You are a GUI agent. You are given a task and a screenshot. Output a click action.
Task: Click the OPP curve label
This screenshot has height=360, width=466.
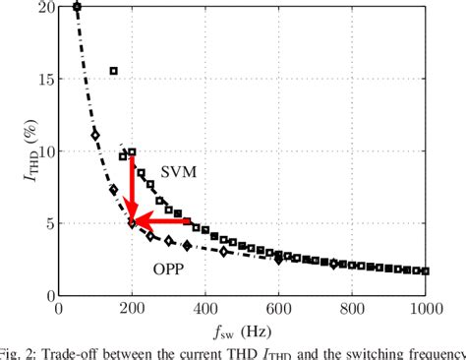coord(168,268)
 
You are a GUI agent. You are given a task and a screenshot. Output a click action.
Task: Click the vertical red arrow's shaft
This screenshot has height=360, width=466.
coord(132,182)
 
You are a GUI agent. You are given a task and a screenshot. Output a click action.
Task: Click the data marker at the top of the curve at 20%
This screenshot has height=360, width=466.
coord(78,8)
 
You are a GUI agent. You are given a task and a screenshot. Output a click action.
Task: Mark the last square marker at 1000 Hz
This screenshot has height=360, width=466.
coord(425,270)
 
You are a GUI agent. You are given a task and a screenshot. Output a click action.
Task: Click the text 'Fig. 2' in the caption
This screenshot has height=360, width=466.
coord(20,353)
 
